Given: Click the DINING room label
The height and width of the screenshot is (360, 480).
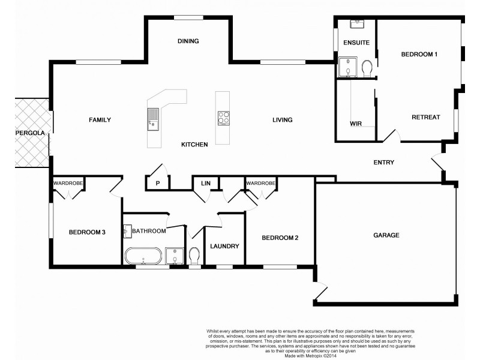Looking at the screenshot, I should pyautogui.click(x=188, y=41).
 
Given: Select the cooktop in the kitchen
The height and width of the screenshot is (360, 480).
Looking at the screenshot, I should pyautogui.click(x=223, y=118).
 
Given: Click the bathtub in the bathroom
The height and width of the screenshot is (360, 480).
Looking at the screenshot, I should pyautogui.click(x=143, y=256).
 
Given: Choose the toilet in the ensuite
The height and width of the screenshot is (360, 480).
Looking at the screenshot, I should pyautogui.click(x=368, y=69).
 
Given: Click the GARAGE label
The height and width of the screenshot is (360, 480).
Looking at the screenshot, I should pyautogui.click(x=386, y=235).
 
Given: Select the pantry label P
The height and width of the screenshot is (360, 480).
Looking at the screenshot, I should pyautogui.click(x=158, y=183).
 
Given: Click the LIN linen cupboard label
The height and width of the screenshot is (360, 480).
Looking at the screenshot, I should pyautogui.click(x=206, y=183).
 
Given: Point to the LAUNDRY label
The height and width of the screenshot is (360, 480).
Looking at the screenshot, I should pyautogui.click(x=224, y=246).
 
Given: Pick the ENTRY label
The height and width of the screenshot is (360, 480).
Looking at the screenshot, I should pyautogui.click(x=383, y=163).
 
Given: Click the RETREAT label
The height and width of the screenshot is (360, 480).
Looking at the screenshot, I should pyautogui.click(x=425, y=117).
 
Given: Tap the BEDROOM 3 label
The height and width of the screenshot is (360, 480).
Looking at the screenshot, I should pyautogui.click(x=87, y=232).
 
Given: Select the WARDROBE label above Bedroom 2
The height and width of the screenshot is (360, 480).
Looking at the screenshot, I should pyautogui.click(x=260, y=182).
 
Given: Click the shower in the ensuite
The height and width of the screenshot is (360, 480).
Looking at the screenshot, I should pyautogui.click(x=347, y=68).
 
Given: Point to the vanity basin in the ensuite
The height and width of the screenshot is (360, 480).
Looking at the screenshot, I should pyautogui.click(x=357, y=23).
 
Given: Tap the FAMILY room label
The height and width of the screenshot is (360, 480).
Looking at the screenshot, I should pyautogui.click(x=100, y=120).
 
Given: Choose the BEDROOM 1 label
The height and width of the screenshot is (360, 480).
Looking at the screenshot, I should pyautogui.click(x=419, y=55).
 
